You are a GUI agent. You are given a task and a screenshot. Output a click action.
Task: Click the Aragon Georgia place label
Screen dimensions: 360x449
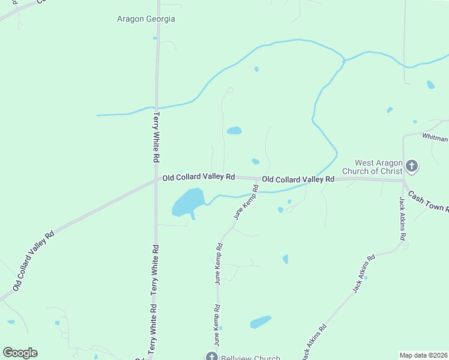[x=146, y=19]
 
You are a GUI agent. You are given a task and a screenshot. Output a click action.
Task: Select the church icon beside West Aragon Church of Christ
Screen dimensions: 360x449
[x=411, y=165]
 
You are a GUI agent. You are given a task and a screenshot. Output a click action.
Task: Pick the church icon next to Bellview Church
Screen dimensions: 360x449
[x=211, y=357]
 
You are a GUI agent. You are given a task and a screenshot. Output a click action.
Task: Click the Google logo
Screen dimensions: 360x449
[x=20, y=353]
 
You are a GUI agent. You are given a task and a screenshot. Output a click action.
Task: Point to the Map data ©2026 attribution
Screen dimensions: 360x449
[x=424, y=355]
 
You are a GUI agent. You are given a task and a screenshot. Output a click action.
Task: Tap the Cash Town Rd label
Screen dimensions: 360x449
[x=429, y=200]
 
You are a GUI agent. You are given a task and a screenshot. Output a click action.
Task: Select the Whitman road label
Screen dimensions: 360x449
[x=435, y=138]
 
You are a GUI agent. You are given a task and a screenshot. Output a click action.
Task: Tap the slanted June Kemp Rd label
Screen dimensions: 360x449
[x=246, y=202]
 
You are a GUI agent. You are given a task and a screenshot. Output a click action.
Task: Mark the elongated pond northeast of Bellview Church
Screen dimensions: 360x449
[x=261, y=322]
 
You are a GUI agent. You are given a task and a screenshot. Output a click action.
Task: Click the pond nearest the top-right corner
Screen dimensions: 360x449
[x=430, y=85]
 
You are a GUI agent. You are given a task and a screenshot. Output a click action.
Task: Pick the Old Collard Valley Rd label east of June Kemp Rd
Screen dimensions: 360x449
[x=298, y=179]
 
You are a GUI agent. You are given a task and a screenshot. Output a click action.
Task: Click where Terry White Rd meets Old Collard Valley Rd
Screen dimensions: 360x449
[x=157, y=178]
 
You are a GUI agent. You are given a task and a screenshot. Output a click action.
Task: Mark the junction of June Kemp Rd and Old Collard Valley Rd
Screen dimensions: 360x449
[x=260, y=180]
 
